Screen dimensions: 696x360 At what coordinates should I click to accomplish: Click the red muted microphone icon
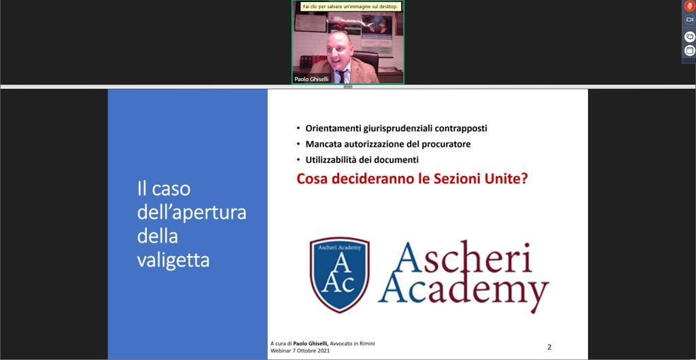(689, 6)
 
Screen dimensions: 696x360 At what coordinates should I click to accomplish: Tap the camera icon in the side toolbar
(689, 20)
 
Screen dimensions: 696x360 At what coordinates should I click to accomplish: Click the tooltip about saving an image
(350, 7)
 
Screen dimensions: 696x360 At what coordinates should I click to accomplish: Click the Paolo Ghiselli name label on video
(311, 79)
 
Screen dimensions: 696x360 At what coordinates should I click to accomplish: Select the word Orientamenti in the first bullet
(333, 128)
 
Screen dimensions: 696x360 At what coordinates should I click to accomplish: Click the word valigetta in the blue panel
(173, 260)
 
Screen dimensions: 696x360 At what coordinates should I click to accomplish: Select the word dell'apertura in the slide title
(191, 213)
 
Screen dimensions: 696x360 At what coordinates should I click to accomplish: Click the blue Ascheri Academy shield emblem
(340, 274)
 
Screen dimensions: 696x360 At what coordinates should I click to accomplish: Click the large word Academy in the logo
(464, 291)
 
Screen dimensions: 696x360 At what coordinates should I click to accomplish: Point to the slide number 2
(549, 347)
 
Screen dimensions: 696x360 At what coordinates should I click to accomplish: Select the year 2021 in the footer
(323, 350)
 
